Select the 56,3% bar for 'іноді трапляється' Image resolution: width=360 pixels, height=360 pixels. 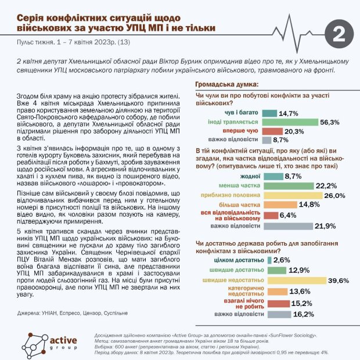click(x=290, y=122)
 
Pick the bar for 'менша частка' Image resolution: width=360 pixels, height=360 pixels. click(x=285, y=186)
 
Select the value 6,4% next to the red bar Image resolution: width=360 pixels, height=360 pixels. click(x=291, y=216)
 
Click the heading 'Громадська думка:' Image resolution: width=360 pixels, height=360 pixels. click(x=225, y=85)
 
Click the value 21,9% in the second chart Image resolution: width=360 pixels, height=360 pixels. click(x=326, y=225)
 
